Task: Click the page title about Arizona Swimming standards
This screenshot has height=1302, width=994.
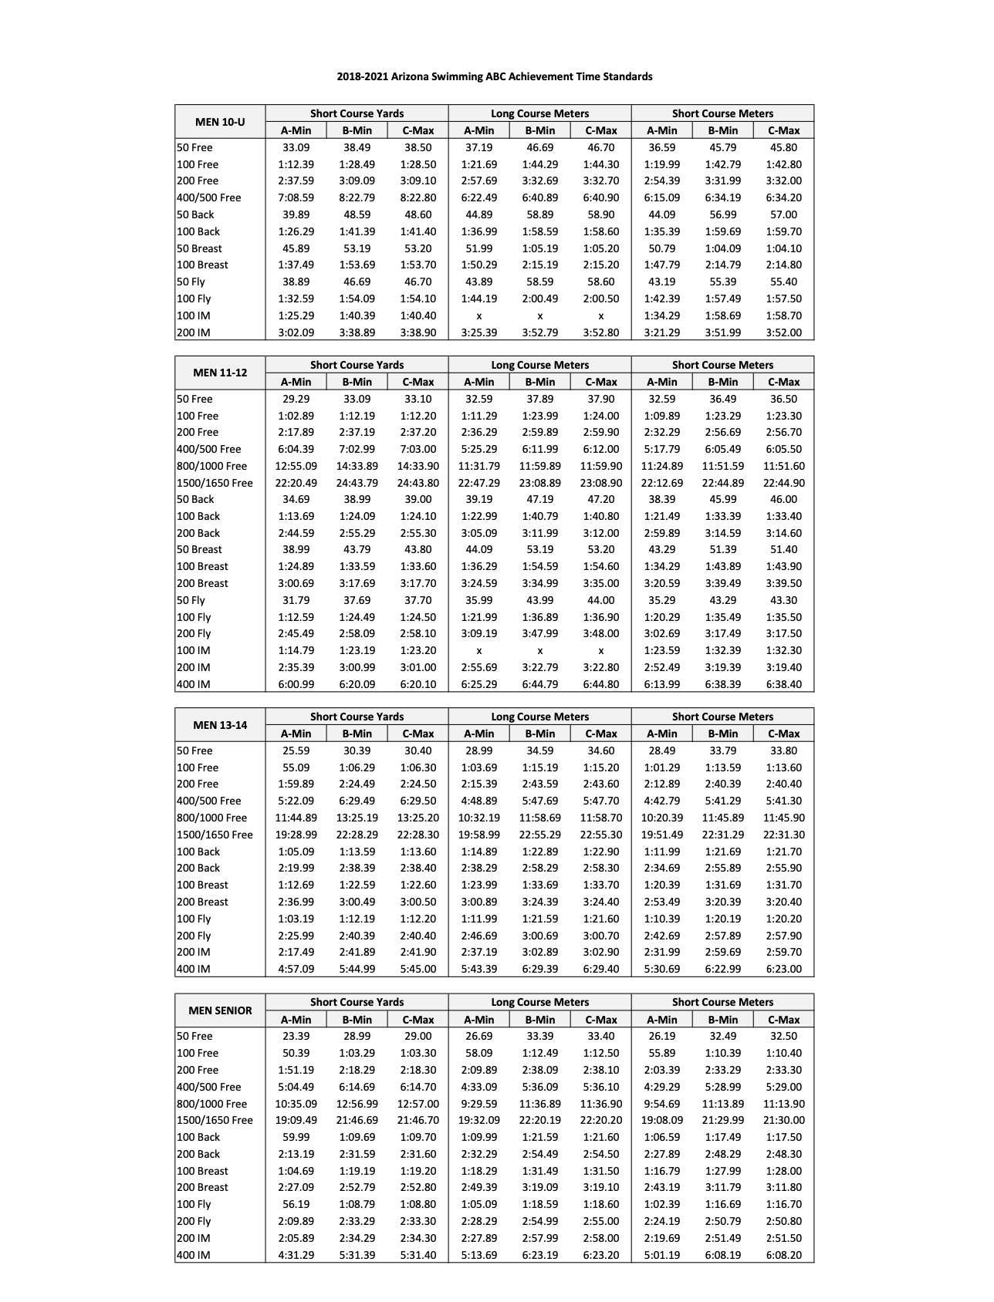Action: tap(494, 76)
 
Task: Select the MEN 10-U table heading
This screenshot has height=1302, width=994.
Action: tap(220, 122)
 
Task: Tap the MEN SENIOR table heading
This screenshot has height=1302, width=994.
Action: tap(220, 1010)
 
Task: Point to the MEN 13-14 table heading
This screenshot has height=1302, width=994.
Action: tap(220, 725)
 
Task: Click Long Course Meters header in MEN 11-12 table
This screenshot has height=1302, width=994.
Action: tap(539, 365)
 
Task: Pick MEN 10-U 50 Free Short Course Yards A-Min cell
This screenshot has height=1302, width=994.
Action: tap(296, 147)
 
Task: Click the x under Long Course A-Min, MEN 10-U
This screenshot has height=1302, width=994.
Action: tap(478, 315)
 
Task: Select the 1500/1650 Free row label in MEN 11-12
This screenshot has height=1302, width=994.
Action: tap(215, 483)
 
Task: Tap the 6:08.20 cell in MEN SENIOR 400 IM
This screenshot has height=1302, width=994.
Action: tap(783, 1255)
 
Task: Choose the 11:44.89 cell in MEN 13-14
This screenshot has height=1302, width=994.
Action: tap(296, 818)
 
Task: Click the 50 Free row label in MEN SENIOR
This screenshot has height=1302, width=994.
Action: tap(194, 1036)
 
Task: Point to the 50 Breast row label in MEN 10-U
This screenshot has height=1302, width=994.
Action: tap(199, 248)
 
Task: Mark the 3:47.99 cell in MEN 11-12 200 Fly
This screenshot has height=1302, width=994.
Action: tap(539, 633)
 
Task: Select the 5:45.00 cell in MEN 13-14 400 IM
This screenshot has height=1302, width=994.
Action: tap(418, 969)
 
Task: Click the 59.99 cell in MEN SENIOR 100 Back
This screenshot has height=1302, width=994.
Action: tap(296, 1137)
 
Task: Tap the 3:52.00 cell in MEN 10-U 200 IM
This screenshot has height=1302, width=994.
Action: tap(783, 332)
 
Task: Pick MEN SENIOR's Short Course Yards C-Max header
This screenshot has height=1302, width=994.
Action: tap(418, 1019)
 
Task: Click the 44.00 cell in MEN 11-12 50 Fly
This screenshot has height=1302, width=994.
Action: tap(600, 600)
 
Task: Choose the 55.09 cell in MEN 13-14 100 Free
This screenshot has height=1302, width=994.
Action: tap(296, 767)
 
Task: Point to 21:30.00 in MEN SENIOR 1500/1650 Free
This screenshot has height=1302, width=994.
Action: tap(783, 1120)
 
